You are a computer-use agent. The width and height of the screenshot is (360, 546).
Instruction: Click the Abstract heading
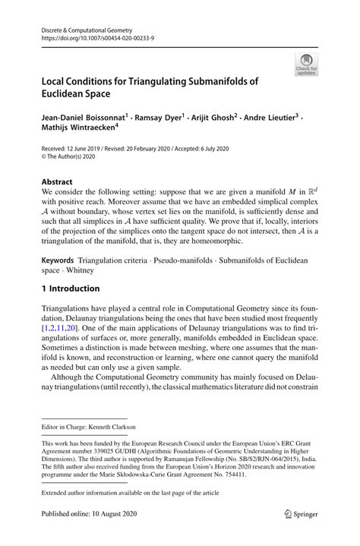[58, 183]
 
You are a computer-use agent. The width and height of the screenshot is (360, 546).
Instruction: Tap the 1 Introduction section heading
[71, 289]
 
